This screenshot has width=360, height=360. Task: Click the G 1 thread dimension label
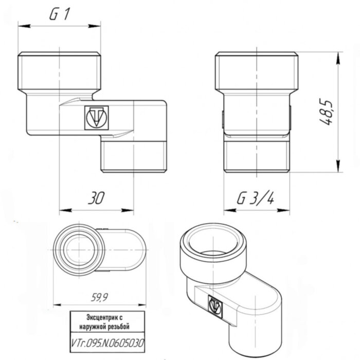pyautogui.click(x=59, y=15)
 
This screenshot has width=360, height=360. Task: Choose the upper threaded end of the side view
pyautogui.click(x=256, y=69)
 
